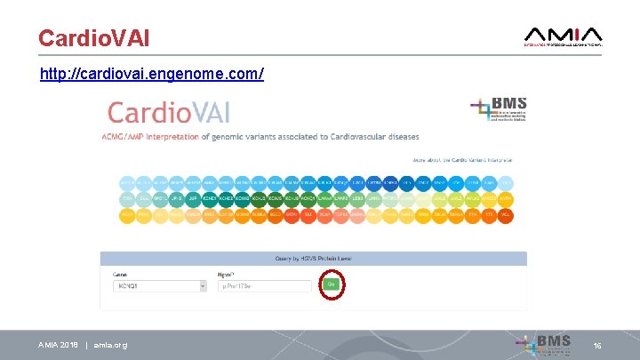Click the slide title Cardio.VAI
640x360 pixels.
(x=93, y=37)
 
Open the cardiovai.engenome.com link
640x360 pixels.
(x=151, y=73)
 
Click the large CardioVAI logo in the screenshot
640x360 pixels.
(x=168, y=114)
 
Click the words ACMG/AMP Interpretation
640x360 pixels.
(x=150, y=137)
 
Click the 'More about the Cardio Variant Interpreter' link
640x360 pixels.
(x=461, y=160)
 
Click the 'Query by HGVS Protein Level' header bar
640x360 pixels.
(x=312, y=259)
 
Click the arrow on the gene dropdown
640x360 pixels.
(x=206, y=285)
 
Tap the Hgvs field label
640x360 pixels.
(x=226, y=274)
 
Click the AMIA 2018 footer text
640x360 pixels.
(x=58, y=345)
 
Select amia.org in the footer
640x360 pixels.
(x=110, y=345)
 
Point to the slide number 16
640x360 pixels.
(x=597, y=345)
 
